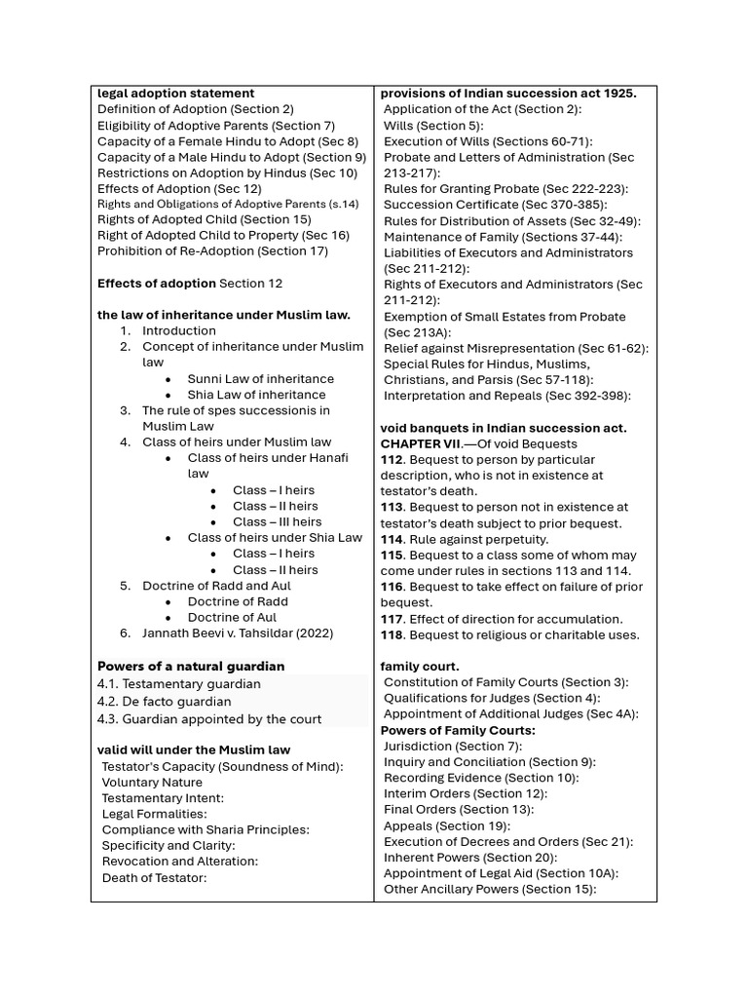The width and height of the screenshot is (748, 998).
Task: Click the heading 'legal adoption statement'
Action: pyautogui.click(x=176, y=94)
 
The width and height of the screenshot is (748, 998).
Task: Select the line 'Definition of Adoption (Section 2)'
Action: pyautogui.click(x=195, y=109)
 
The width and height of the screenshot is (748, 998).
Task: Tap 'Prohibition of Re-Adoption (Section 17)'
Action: pyautogui.click(x=212, y=251)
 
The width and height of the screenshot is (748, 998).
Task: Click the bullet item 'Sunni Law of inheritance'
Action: pyautogui.click(x=260, y=378)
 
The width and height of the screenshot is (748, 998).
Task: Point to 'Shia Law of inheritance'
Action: pyautogui.click(x=256, y=395)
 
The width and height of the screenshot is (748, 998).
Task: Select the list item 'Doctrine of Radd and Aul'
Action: pyautogui.click(x=216, y=586)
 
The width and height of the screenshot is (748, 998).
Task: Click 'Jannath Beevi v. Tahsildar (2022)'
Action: pyautogui.click(x=238, y=633)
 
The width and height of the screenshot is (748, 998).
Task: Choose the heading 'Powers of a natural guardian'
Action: pyautogui.click(x=191, y=666)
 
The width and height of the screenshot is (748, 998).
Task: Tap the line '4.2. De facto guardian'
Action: pyautogui.click(x=165, y=702)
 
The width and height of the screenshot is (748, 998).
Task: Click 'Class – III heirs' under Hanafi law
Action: pyautogui.click(x=277, y=521)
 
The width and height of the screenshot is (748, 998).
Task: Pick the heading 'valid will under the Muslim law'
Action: pyautogui.click(x=194, y=750)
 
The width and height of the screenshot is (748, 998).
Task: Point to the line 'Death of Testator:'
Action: pyautogui.click(x=155, y=877)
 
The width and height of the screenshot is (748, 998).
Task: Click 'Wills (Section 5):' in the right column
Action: pyautogui.click(x=433, y=126)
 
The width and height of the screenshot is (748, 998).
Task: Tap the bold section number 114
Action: pyautogui.click(x=392, y=539)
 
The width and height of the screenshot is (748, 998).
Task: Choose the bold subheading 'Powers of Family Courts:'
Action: pyautogui.click(x=458, y=730)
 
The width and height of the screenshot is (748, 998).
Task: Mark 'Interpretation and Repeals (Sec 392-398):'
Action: pyautogui.click(x=507, y=396)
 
